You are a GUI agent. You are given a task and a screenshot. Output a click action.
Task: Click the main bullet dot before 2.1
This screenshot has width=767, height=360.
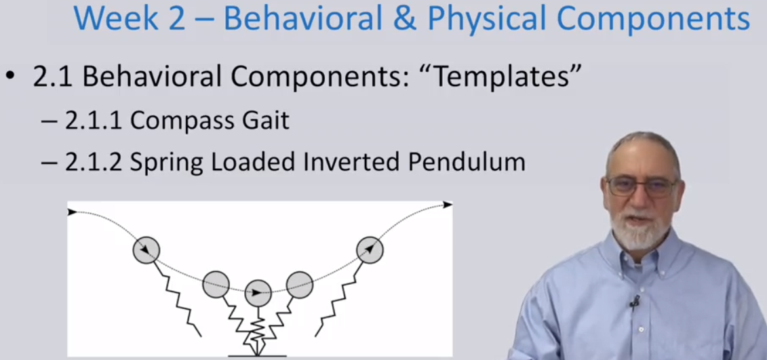tap(10, 77)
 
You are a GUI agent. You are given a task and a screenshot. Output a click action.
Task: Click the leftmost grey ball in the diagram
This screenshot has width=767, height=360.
tap(146, 250)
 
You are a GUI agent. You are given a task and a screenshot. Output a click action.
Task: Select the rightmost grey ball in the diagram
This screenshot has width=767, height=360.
tap(370, 250)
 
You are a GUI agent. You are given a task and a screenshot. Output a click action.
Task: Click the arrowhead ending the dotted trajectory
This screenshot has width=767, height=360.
tap(448, 205)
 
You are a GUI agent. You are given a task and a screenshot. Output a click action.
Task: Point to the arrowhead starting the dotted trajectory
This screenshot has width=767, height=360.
tap(73, 212)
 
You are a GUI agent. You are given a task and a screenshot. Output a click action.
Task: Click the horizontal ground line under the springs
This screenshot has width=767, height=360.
tap(257, 355)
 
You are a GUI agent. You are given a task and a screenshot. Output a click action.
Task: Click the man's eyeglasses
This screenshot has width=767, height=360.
tap(641, 186)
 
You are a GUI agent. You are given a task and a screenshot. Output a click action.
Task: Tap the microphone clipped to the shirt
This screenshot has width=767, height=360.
tap(635, 302)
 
